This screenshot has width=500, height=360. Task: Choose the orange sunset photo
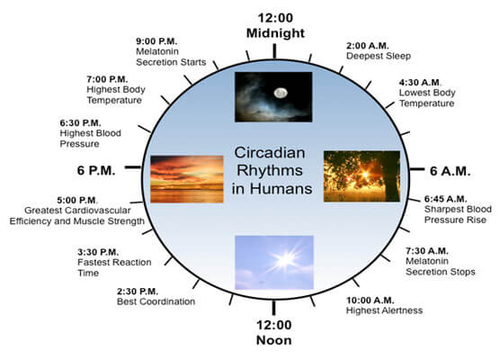pos(186,178)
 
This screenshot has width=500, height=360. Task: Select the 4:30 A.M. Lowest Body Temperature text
pos(431,94)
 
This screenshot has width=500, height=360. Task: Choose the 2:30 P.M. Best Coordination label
pos(156,296)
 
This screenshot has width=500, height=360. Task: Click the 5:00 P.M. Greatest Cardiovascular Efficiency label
pos(75,212)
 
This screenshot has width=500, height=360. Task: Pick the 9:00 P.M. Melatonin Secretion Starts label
pos(170,50)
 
